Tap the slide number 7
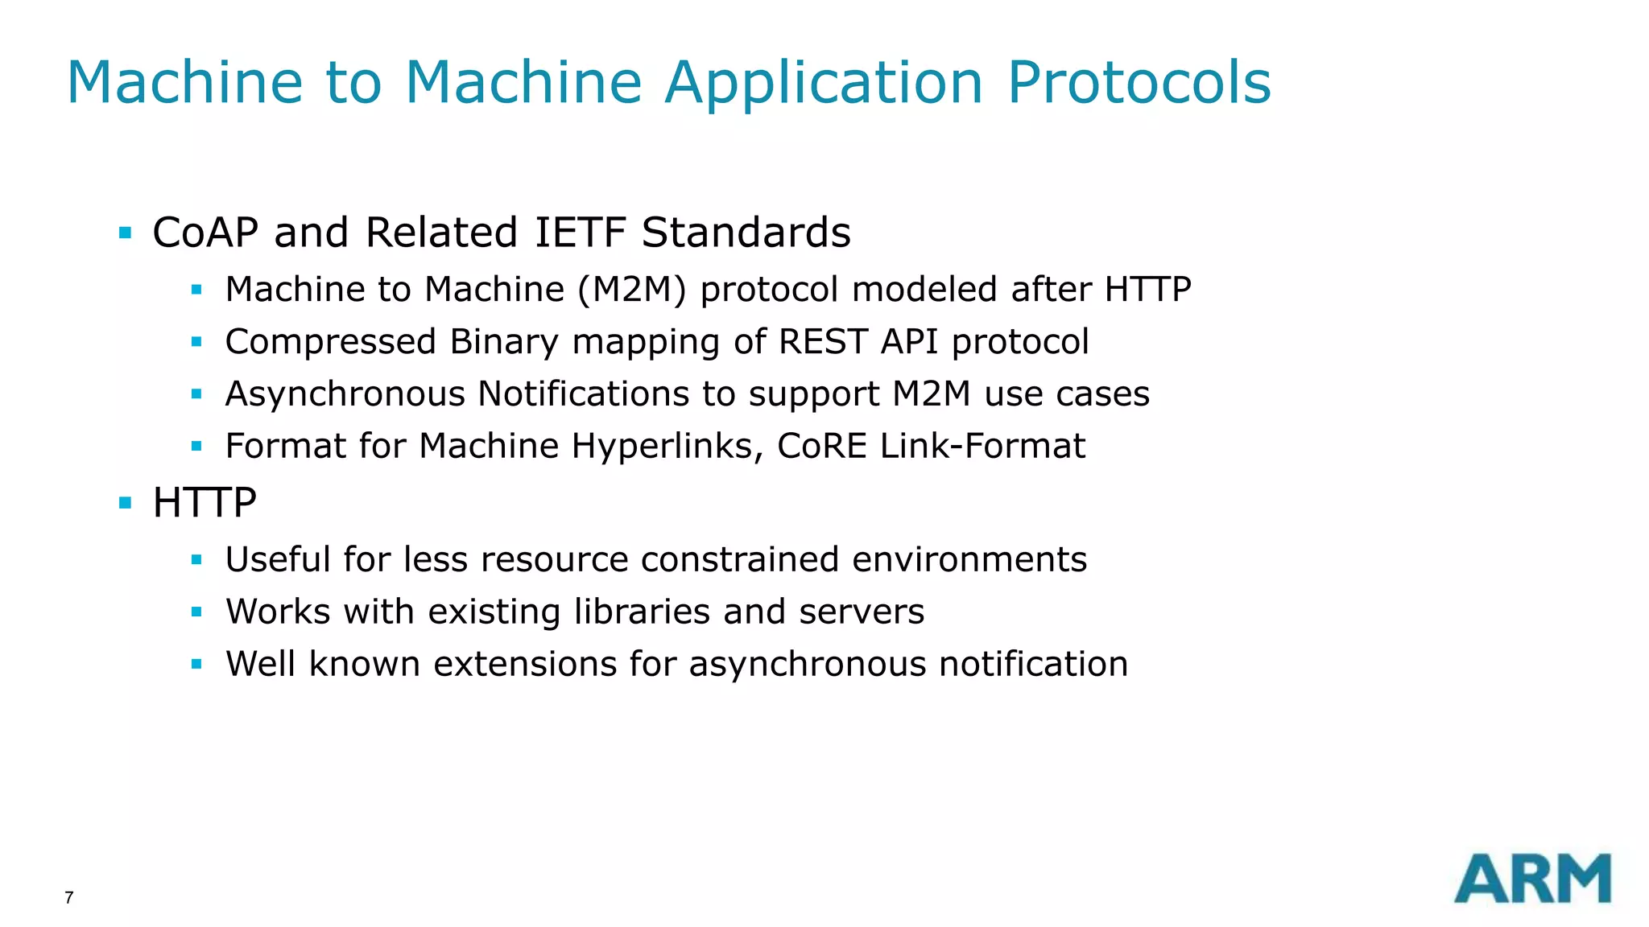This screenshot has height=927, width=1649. (x=69, y=898)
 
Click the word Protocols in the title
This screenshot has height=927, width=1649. (x=1139, y=82)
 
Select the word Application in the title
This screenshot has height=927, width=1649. (x=823, y=84)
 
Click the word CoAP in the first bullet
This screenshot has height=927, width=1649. (x=205, y=233)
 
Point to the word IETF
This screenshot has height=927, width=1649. (x=580, y=233)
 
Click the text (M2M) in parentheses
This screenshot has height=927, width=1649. (x=632, y=289)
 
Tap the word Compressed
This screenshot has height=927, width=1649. (x=330, y=342)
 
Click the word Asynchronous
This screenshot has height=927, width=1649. (x=345, y=394)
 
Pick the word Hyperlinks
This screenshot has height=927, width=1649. (x=667, y=446)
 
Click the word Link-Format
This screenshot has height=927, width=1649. (x=982, y=446)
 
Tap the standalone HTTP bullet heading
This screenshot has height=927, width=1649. (x=205, y=503)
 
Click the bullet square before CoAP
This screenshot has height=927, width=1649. (x=125, y=233)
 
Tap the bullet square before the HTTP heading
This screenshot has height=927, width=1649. (x=125, y=504)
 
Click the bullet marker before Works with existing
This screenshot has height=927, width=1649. (x=196, y=612)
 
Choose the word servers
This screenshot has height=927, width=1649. (x=862, y=612)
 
